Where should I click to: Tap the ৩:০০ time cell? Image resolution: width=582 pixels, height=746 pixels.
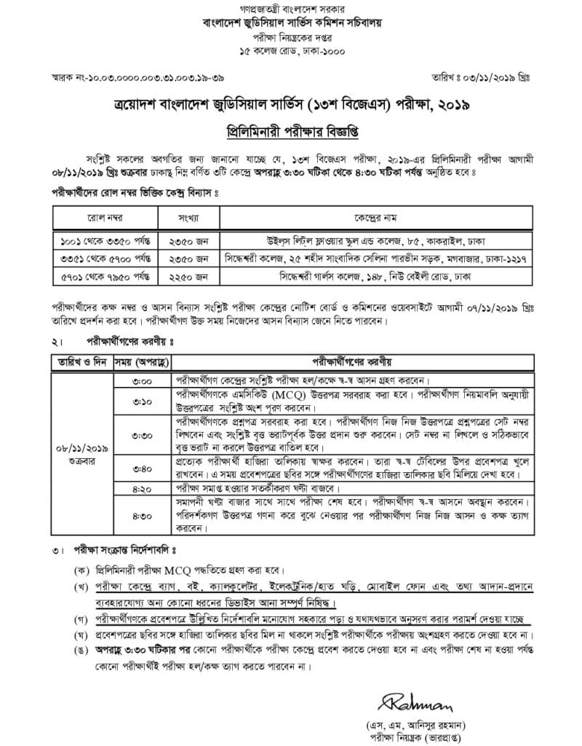(x=142, y=381)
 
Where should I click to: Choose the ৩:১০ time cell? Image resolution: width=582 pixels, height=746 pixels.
(x=142, y=401)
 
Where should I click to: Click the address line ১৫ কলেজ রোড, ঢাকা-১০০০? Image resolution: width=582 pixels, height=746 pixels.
(x=291, y=51)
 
